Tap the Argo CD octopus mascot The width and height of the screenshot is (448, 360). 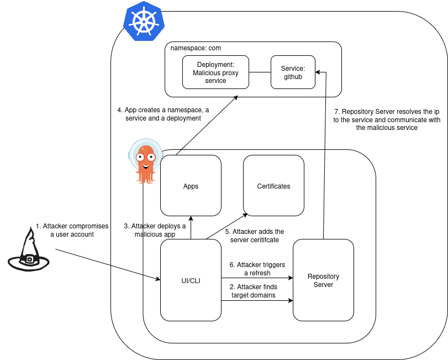[x=145, y=161]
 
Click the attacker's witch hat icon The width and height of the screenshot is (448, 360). [x=28, y=252]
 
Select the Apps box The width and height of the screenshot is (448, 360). [x=191, y=186]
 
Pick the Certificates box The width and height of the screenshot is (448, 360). [x=273, y=186]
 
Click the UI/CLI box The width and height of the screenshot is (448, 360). [x=191, y=280]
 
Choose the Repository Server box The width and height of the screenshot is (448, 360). [x=323, y=280]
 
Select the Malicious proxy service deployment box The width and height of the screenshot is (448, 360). [x=215, y=72]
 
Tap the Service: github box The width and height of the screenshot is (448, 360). [x=293, y=72]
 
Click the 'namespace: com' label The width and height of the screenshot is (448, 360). [x=196, y=48]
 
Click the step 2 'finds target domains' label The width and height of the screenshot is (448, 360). [x=254, y=291]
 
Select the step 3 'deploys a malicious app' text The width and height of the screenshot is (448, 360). [x=155, y=230]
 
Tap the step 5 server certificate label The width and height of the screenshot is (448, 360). [x=255, y=236]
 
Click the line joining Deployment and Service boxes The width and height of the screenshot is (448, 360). [x=260, y=72]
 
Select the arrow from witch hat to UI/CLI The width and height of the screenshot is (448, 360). [x=108, y=265]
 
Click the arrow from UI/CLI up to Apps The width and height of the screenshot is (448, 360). [x=191, y=227]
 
